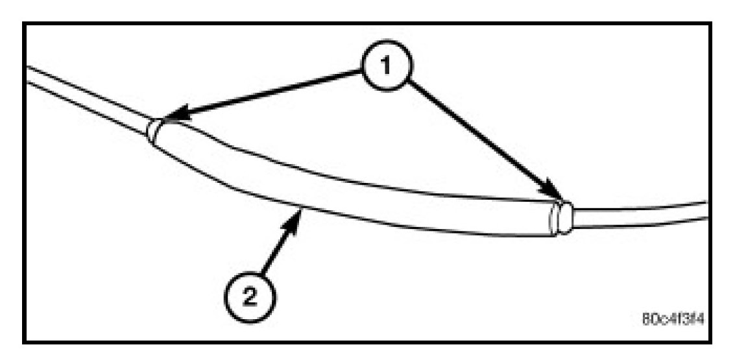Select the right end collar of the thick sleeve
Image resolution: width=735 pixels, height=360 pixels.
[562, 217]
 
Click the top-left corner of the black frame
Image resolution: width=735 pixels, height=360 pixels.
[25, 25]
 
